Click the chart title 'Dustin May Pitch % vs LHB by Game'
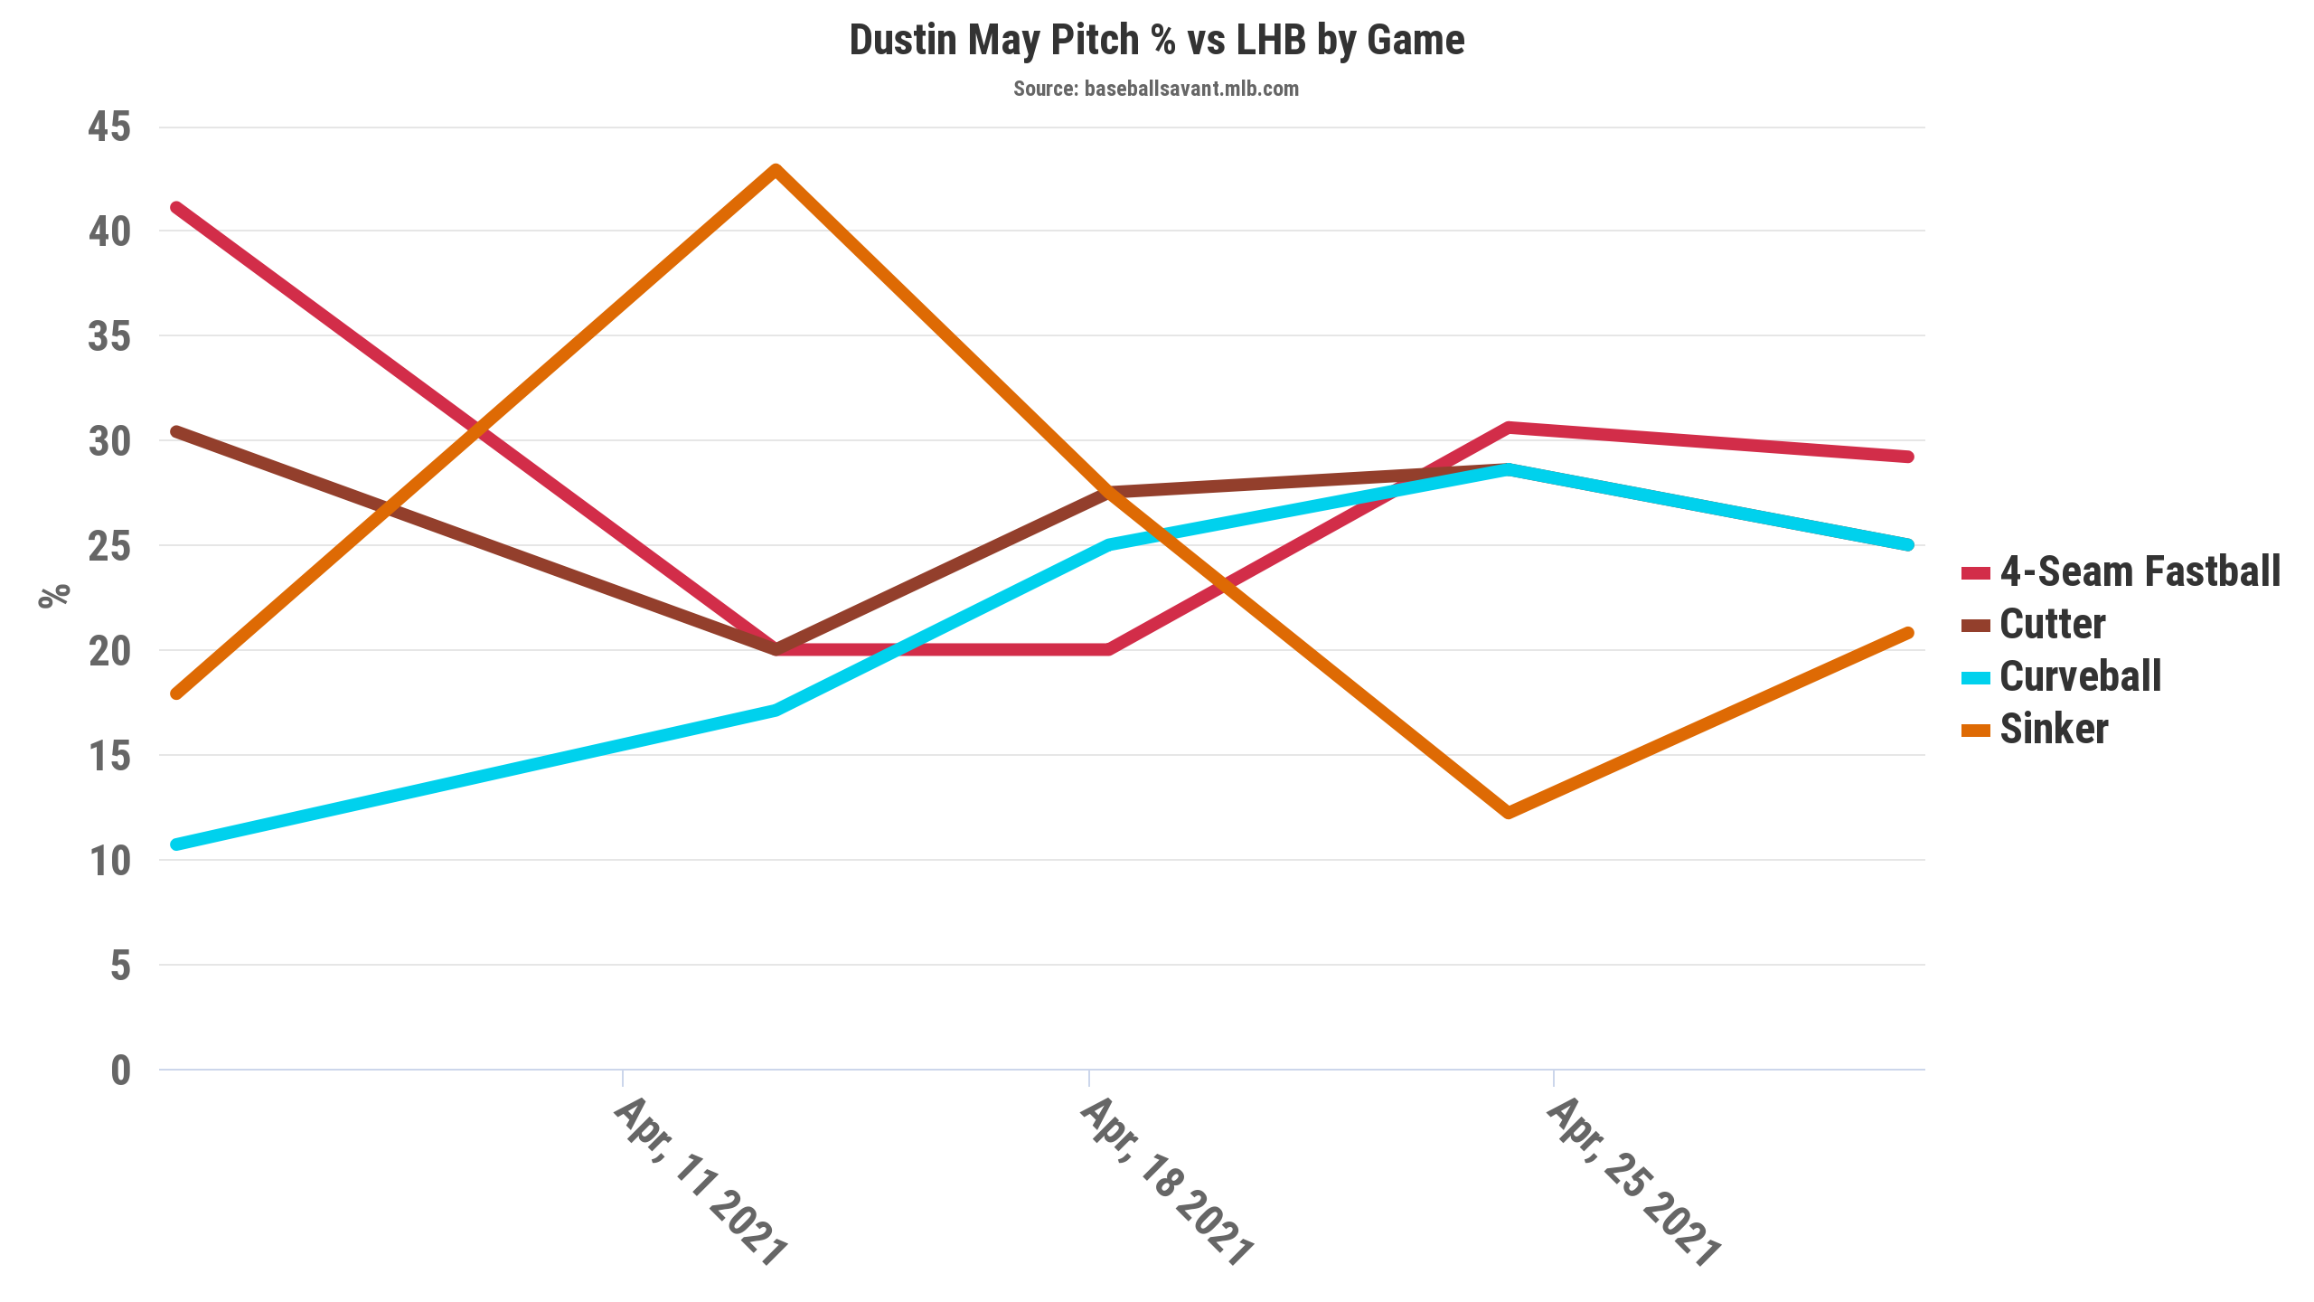[1156, 41]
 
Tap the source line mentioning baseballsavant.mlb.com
[1155, 89]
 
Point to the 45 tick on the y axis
[109, 127]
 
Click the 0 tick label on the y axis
[120, 1071]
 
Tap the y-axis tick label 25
[109, 546]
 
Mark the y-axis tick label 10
[109, 861]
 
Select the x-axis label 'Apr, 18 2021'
[1167, 1181]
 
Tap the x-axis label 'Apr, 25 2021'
[1633, 1181]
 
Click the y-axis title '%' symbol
[54, 596]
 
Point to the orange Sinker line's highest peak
[776, 170]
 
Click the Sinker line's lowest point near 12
[1508, 812]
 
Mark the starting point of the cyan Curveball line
[177, 844]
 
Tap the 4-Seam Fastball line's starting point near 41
[177, 208]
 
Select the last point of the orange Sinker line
[1907, 633]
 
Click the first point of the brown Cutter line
[177, 432]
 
